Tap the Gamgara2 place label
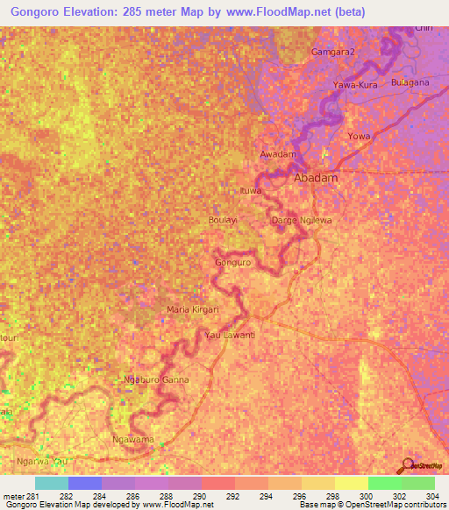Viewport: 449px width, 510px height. tap(333, 53)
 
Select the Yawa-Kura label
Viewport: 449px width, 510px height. tap(353, 85)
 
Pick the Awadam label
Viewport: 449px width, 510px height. tap(278, 155)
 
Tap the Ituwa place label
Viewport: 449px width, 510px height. tap(252, 190)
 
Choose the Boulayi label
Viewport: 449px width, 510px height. tap(224, 220)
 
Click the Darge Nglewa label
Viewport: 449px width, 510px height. tap(301, 220)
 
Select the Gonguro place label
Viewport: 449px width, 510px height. tap(233, 262)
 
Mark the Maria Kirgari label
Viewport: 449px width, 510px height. tap(192, 310)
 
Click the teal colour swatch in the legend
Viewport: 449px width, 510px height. tap(52, 483)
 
